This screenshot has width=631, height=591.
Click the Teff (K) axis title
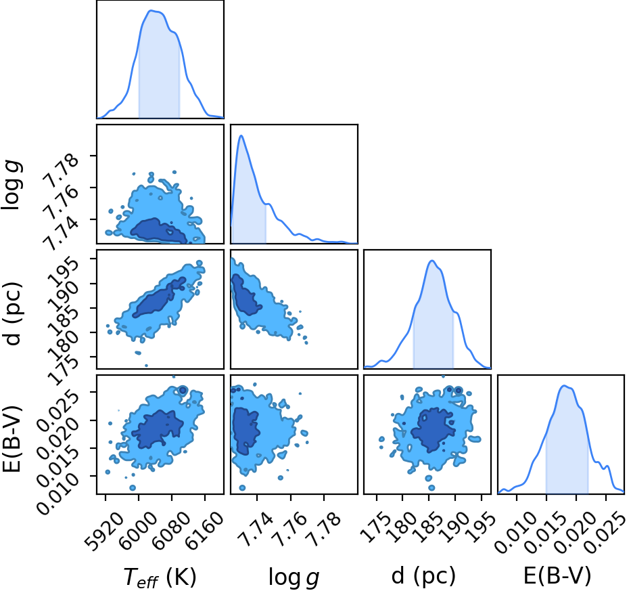coord(160,577)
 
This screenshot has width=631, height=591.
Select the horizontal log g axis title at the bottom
coord(294,577)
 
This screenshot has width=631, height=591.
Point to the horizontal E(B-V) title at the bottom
coord(557,575)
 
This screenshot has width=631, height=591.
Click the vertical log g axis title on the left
coord(12,185)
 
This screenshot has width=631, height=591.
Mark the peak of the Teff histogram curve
coord(151,10)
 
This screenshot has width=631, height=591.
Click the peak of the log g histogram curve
coord(241,135)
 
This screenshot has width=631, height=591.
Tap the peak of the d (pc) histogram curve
coord(431,260)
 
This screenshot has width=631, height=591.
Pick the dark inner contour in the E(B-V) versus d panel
coord(434,429)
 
